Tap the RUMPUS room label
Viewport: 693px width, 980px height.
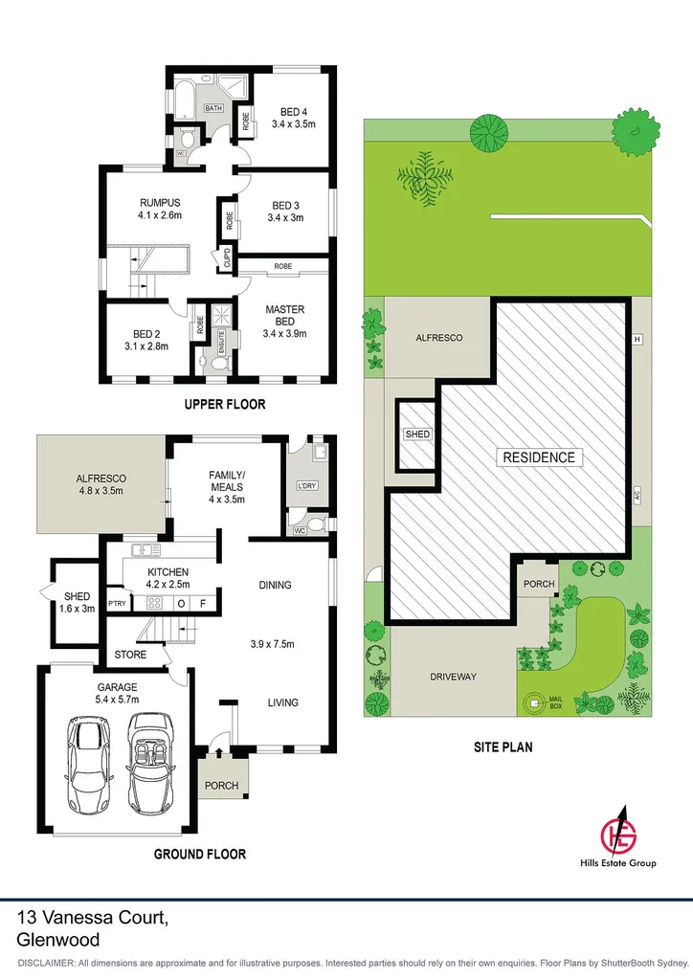[160, 202]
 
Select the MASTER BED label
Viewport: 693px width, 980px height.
[285, 315]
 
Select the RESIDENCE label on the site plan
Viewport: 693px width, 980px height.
[540, 457]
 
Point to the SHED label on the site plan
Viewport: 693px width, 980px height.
[417, 434]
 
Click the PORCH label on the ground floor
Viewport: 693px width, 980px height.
[222, 786]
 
